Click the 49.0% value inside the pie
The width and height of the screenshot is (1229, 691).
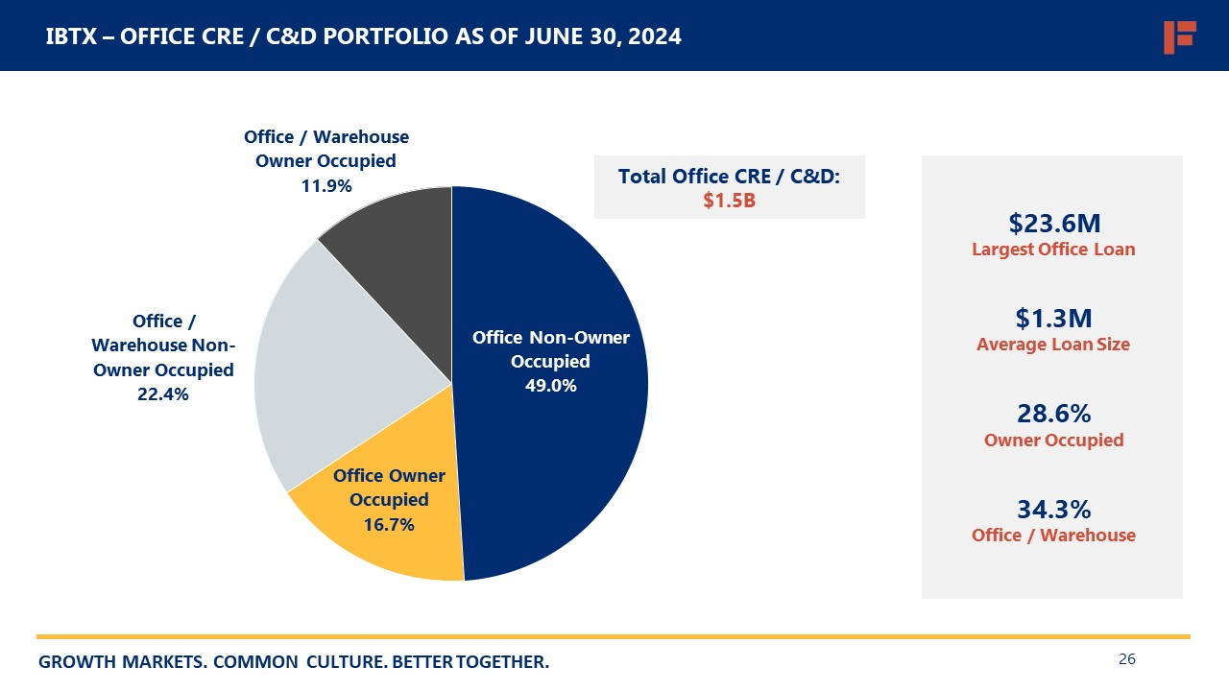pos(550,386)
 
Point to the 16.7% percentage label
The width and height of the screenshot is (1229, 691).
pos(389,524)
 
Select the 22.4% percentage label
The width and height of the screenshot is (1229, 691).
pos(163,393)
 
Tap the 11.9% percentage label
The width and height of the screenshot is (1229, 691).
pos(326,186)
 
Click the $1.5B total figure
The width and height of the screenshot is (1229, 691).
pos(729,201)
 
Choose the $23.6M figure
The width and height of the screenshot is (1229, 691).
pos(1053,224)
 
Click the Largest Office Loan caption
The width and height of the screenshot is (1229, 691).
pos(1053,250)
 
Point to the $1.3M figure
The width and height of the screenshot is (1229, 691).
pos(1053,319)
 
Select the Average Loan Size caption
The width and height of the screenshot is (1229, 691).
pos(1053,345)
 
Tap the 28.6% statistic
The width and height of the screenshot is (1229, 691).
pos(1053,414)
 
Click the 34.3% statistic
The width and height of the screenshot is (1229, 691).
pos(1053,509)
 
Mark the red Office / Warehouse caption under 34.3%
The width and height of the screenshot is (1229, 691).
pos(1053,536)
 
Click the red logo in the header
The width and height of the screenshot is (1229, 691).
pos(1178,36)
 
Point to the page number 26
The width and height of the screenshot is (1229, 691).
pos(1127,659)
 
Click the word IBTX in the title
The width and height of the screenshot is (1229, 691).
pos(70,37)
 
